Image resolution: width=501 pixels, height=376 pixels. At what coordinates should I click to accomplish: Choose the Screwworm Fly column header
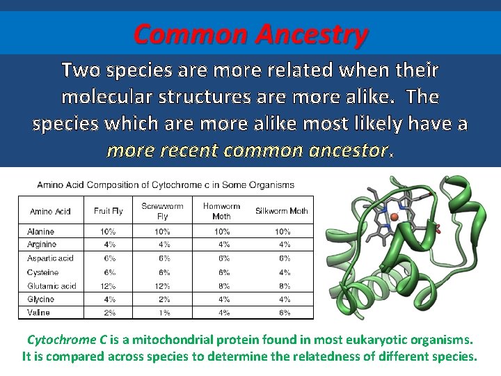pyautogui.click(x=162, y=211)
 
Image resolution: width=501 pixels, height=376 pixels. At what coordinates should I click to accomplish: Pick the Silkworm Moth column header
pyautogui.click(x=283, y=211)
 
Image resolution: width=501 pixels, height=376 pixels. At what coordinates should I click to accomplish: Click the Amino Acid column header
pyautogui.click(x=50, y=211)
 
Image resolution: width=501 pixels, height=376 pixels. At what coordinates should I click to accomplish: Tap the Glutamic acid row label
pyautogui.click(x=51, y=286)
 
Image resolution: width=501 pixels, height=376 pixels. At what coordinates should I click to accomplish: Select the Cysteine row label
pyautogui.click(x=42, y=272)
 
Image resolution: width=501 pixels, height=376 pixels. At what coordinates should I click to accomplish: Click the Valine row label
pyautogui.click(x=38, y=313)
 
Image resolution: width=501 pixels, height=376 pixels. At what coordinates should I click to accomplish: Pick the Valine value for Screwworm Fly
pyautogui.click(x=162, y=313)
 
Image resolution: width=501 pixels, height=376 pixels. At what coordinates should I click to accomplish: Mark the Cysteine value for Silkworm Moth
pyautogui.click(x=283, y=272)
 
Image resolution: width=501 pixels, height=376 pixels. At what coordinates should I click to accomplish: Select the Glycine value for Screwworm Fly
pyautogui.click(x=162, y=299)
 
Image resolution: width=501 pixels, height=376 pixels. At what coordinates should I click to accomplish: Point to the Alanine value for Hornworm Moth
pyautogui.click(x=222, y=231)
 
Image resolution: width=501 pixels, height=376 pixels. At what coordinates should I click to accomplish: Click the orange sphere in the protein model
pyautogui.click(x=395, y=218)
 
